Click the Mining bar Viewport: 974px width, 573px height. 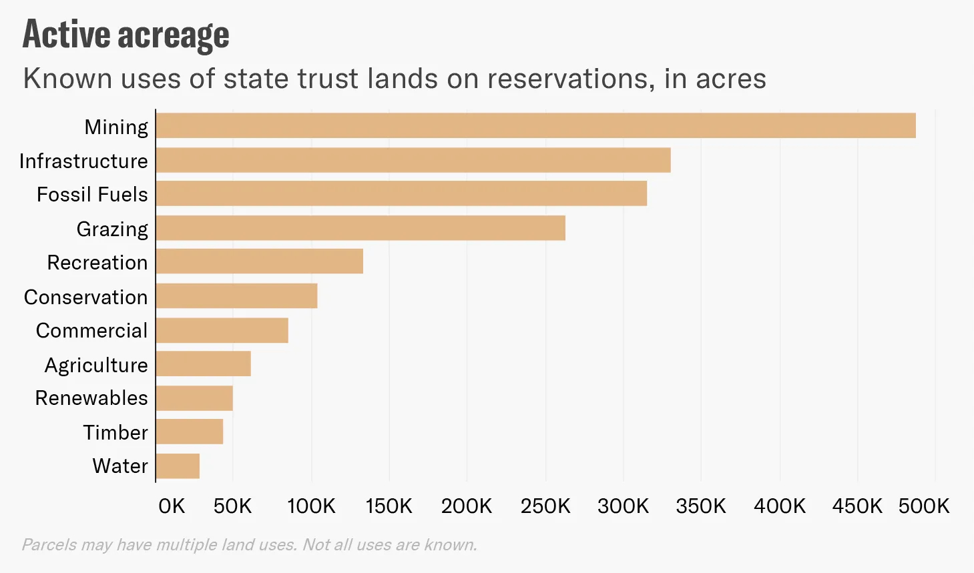[535, 125]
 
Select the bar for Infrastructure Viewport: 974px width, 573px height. [413, 160]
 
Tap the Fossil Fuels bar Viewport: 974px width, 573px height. [401, 193]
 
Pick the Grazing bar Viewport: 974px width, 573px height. [360, 228]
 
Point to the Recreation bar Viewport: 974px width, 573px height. [260, 261]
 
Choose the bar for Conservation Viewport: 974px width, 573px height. [237, 296]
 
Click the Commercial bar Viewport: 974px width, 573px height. [222, 330]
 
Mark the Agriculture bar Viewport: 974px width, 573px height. [204, 364]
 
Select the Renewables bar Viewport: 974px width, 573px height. [194, 398]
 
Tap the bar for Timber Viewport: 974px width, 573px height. [190, 432]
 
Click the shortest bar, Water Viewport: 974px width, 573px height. [178, 466]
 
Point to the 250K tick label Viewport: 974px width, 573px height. [545, 506]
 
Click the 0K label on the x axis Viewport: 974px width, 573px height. [172, 506]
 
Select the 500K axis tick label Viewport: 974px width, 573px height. [923, 506]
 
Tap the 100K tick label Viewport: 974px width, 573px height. [311, 506]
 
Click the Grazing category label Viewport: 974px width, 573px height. [112, 229]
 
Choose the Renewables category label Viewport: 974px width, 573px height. [91, 398]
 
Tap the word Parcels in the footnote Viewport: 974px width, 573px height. [49, 545]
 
